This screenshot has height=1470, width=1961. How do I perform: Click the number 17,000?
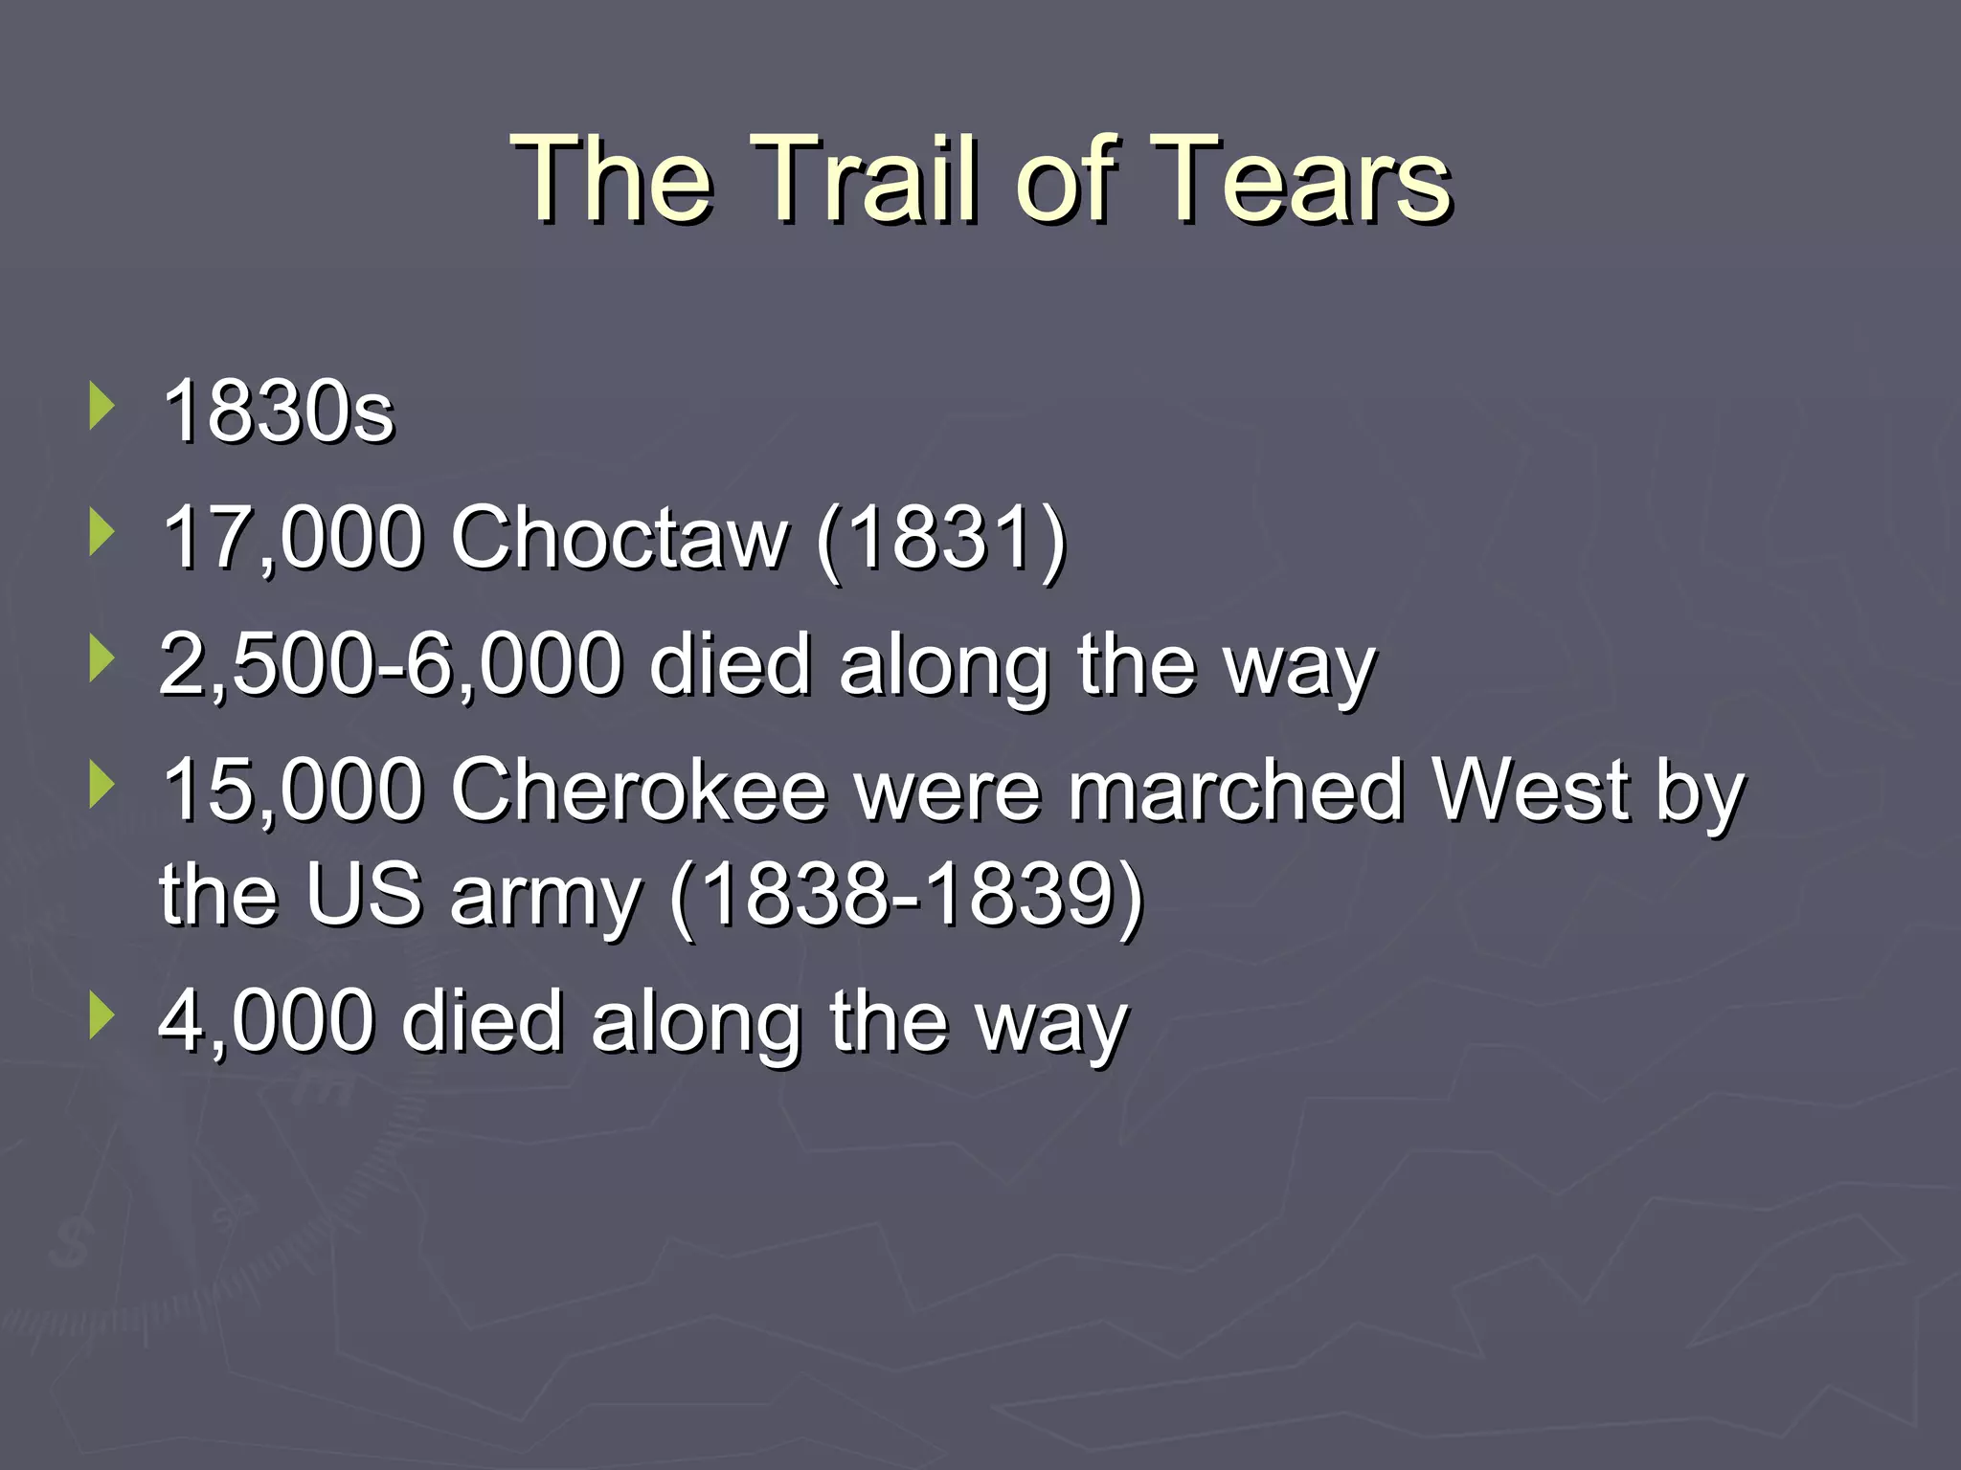pyautogui.click(x=292, y=538)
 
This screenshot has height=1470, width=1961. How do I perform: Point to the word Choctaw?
pyautogui.click(x=620, y=538)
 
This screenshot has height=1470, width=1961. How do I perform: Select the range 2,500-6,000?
pyautogui.click(x=390, y=664)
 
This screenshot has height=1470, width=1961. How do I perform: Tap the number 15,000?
pyautogui.click(x=292, y=791)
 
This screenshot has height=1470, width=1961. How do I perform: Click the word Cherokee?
pyautogui.click(x=639, y=791)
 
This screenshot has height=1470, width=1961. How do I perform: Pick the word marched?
pyautogui.click(x=1236, y=791)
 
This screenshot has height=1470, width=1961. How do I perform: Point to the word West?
pyautogui.click(x=1530, y=791)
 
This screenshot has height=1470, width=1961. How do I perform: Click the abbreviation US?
pyautogui.click(x=365, y=896)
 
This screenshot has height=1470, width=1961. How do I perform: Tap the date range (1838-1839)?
pyautogui.click(x=906, y=896)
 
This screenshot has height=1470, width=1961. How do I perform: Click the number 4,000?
pyautogui.click(x=265, y=1022)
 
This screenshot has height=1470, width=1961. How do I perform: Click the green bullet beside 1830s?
pyautogui.click(x=101, y=406)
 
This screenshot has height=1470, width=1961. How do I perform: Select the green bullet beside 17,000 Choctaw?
pyautogui.click(x=101, y=532)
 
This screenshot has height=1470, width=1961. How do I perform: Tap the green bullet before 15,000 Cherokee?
pyautogui.click(x=101, y=785)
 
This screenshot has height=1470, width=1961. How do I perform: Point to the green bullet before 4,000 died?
pyautogui.click(x=101, y=1016)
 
